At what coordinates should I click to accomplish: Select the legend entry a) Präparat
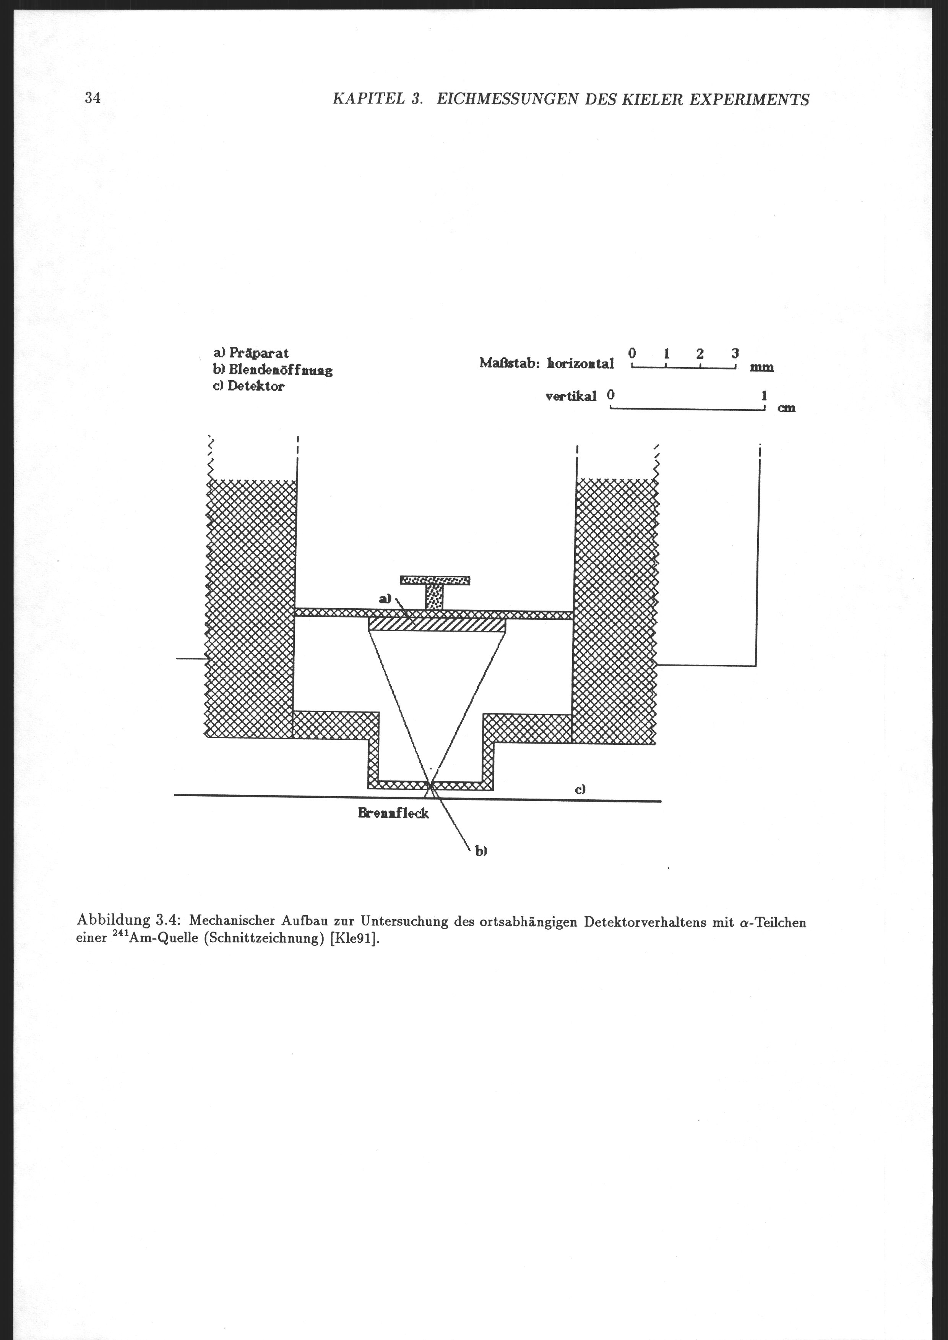[251, 353]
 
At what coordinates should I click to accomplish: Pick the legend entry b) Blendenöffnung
[273, 370]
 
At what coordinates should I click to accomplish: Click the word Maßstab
[509, 363]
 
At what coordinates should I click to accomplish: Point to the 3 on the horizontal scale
[735, 353]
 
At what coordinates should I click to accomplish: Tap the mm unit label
[762, 368]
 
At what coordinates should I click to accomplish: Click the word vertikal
[571, 397]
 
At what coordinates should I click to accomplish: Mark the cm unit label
[786, 408]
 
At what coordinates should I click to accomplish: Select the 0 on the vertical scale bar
[610, 395]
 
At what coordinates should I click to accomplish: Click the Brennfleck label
[393, 813]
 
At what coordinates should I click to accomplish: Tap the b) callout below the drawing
[480, 852]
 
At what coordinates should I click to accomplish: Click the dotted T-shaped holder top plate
[435, 580]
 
